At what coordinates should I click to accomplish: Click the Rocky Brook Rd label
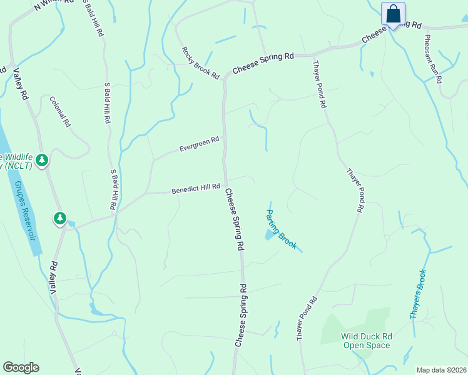[201, 62]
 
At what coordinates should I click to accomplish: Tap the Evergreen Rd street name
[199, 144]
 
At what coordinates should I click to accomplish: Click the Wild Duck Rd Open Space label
[366, 341]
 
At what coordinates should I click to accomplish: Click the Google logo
[21, 367]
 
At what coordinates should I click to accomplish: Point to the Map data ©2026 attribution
[442, 370]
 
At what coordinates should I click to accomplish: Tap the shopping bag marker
[393, 14]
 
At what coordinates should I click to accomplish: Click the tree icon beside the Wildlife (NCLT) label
[42, 161]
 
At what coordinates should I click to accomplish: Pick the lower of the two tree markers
[60, 218]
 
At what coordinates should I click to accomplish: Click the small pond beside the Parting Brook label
[269, 234]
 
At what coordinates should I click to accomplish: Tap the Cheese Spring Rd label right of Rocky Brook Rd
[263, 64]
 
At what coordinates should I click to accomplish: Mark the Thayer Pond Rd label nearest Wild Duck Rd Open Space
[307, 318]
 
